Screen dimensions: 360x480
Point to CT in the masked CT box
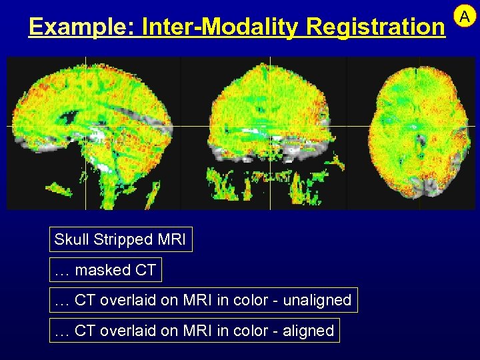[146, 270]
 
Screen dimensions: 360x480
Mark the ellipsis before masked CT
[62, 270]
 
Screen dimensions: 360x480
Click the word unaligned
[317, 300]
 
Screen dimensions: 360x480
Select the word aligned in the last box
[309, 330]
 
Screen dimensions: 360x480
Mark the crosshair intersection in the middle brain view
[269, 125]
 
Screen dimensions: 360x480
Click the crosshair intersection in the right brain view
[419, 125]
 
